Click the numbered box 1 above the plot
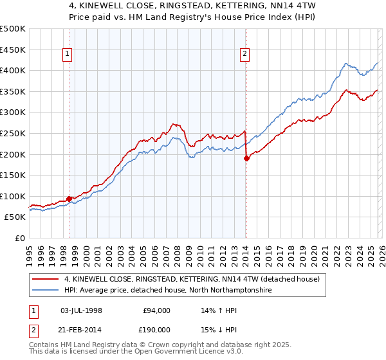point(68,55)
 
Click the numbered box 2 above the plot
point(245,55)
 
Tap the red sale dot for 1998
point(69,199)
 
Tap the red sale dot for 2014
point(246,158)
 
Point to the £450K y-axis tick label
point(13,50)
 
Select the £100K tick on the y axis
point(13,196)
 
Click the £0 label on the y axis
point(19,238)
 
